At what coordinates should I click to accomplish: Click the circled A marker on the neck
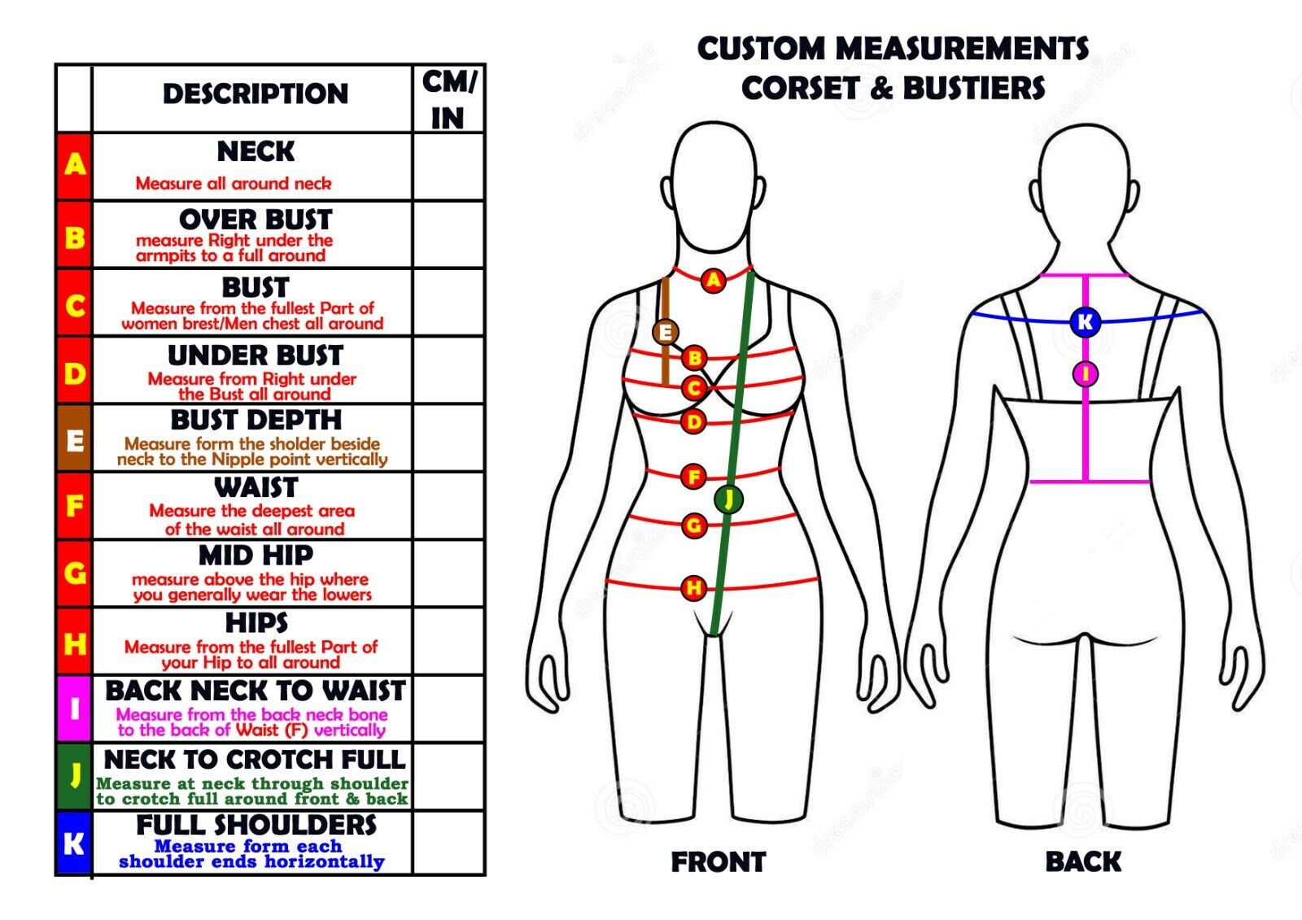tap(714, 281)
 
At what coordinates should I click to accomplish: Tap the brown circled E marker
tap(666, 332)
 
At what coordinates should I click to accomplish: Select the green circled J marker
tap(728, 498)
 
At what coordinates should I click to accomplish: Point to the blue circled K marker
tap(1085, 322)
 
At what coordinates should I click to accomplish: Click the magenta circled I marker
tap(1085, 374)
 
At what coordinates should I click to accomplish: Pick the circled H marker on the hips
tap(693, 587)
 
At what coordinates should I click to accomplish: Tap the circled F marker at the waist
tap(693, 476)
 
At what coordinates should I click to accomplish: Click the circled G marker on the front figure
tap(693, 525)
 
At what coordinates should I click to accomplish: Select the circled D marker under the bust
tap(693, 421)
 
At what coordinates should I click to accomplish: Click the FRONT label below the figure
tap(718, 862)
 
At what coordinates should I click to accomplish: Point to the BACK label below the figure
tap(1083, 862)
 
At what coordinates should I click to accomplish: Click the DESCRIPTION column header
tap(255, 94)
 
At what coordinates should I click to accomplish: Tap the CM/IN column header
tap(448, 99)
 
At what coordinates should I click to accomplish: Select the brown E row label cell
tap(74, 439)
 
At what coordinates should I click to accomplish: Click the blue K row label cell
tap(74, 843)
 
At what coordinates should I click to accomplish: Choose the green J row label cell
tap(74, 775)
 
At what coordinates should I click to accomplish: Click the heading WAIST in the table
tap(256, 487)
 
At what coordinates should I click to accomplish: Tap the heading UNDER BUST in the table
tap(256, 355)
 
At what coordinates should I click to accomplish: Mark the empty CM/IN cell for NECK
tap(448, 167)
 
